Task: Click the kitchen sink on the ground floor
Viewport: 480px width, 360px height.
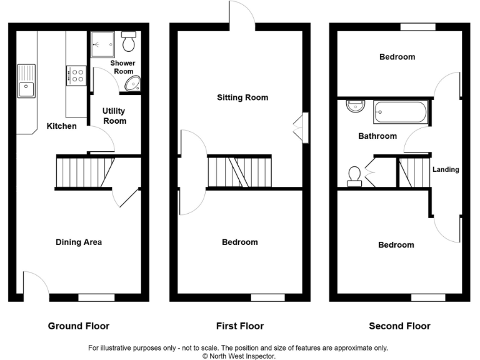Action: point(26,81)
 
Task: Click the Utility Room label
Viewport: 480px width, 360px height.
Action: point(114,116)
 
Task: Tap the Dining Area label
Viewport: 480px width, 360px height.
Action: point(79,242)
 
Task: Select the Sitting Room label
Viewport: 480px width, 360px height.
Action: point(242,97)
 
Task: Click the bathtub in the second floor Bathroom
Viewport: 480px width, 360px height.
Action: point(400,112)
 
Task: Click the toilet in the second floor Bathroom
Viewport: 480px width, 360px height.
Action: point(354,175)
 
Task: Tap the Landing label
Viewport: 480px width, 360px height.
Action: point(446,169)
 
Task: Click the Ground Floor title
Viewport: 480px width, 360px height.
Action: point(79,326)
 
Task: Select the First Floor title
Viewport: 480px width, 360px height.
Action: point(239,326)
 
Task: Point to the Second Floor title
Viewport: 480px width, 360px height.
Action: point(399,326)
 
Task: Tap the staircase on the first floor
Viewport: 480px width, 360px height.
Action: point(239,172)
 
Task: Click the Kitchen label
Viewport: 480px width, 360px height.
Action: point(62,126)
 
